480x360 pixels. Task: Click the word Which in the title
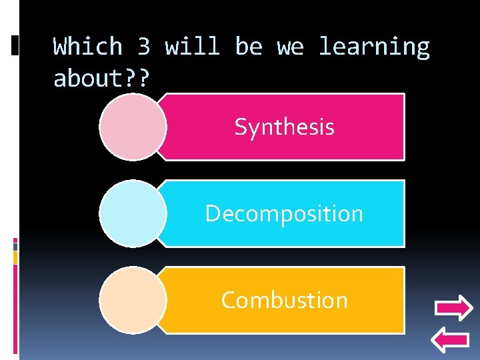pos(88,47)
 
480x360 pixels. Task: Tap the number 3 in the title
pos(144,47)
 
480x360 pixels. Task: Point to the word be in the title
pos(249,47)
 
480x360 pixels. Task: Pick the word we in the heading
pos(290,47)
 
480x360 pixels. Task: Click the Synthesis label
pos(284,127)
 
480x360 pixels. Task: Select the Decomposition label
pos(284,213)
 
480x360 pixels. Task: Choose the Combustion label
pos(284,300)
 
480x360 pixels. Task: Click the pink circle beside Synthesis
pos(133,127)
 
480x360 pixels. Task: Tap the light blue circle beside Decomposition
pos(133,213)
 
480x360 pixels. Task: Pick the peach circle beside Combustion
pos(133,300)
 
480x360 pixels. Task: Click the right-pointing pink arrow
pos(453,309)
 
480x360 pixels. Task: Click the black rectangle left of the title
pos(15,45)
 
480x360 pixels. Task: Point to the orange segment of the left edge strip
pos(15,256)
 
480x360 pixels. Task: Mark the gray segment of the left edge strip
pos(15,246)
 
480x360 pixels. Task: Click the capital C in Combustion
pos(228,300)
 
